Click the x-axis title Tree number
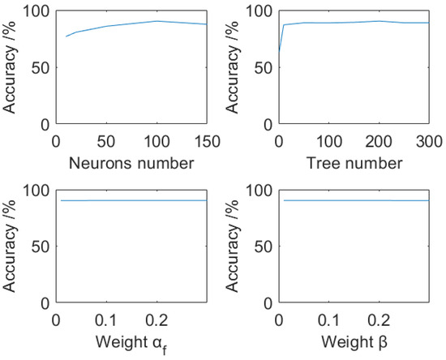coord(354,163)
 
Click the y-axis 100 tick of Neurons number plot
coord(36,11)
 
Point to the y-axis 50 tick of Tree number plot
coord(259,68)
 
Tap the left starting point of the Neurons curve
coord(66,36)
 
